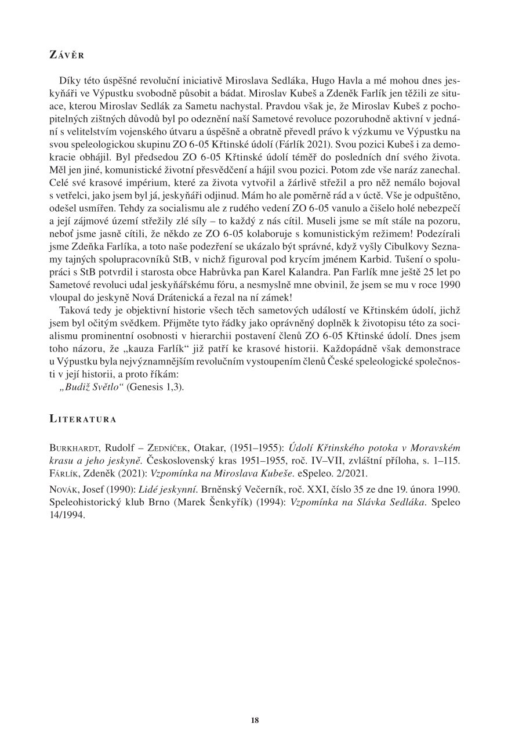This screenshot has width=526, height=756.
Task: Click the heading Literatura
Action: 82,418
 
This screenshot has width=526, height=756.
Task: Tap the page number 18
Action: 255,720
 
